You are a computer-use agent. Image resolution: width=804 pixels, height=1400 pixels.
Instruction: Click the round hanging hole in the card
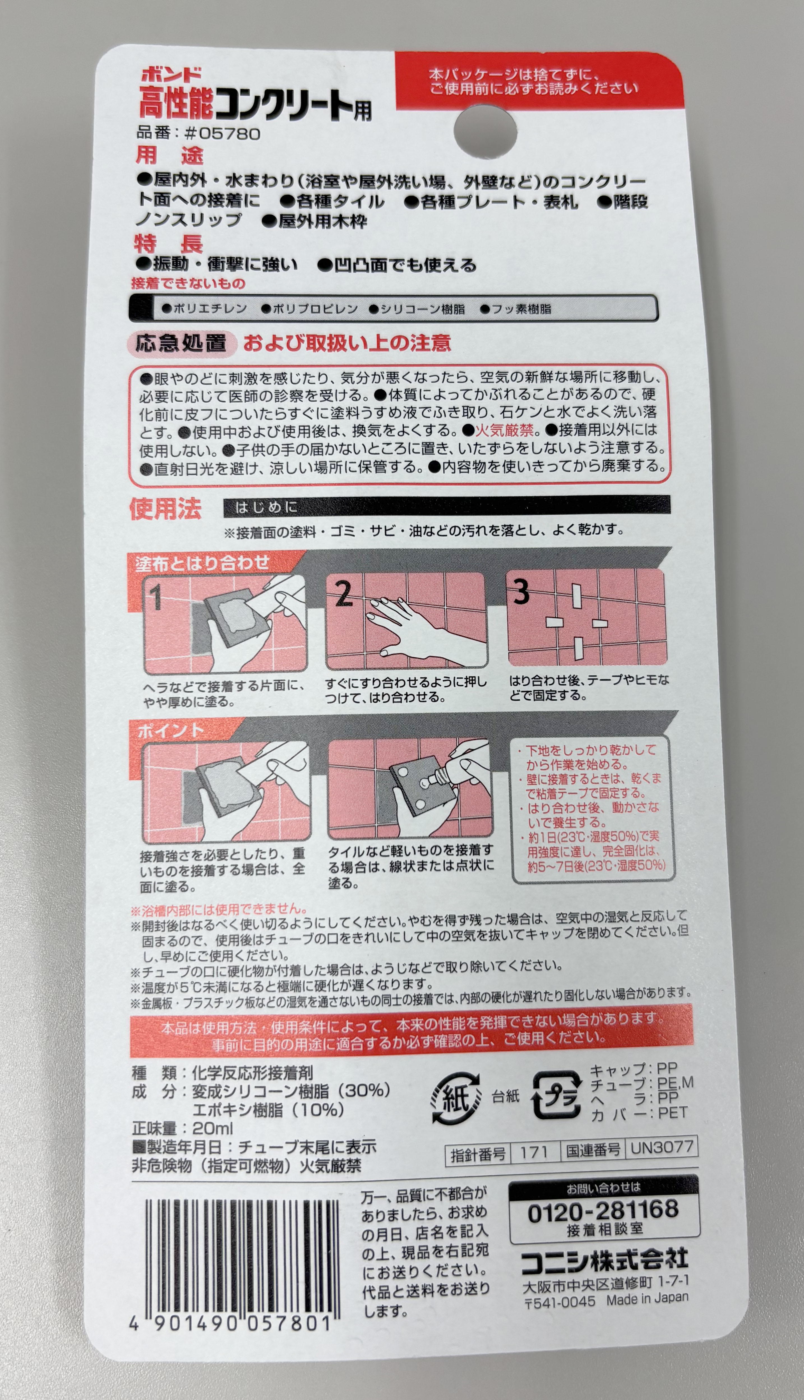pos(485,134)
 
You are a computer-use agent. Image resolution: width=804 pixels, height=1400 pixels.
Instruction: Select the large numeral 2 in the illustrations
pos(343,594)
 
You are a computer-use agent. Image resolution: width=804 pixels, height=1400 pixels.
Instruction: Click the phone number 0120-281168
pos(602,1212)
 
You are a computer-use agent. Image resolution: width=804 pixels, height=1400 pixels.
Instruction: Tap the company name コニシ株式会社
pos(605,1260)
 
